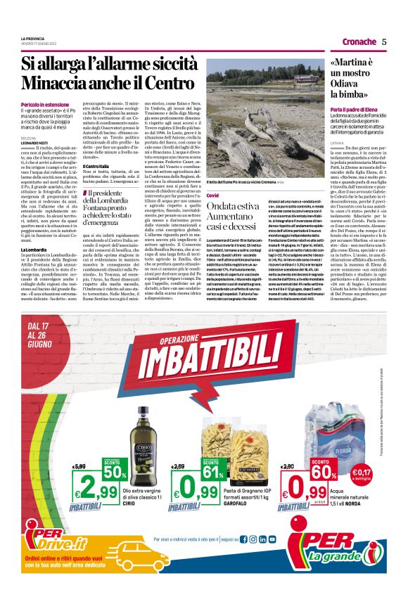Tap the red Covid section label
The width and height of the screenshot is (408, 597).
(x=213, y=193)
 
